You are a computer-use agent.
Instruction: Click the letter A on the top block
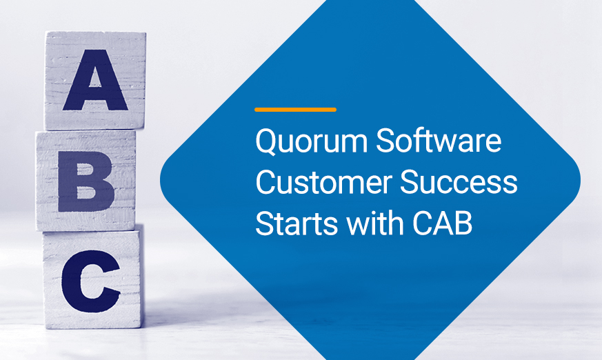coord(95,80)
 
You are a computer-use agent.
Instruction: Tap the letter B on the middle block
coord(86,181)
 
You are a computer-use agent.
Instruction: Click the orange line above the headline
coord(295,110)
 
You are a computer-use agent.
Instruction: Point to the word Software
coord(439,140)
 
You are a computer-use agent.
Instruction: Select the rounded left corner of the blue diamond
coord(163,180)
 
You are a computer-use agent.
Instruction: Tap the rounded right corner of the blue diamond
coord(577,180)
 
